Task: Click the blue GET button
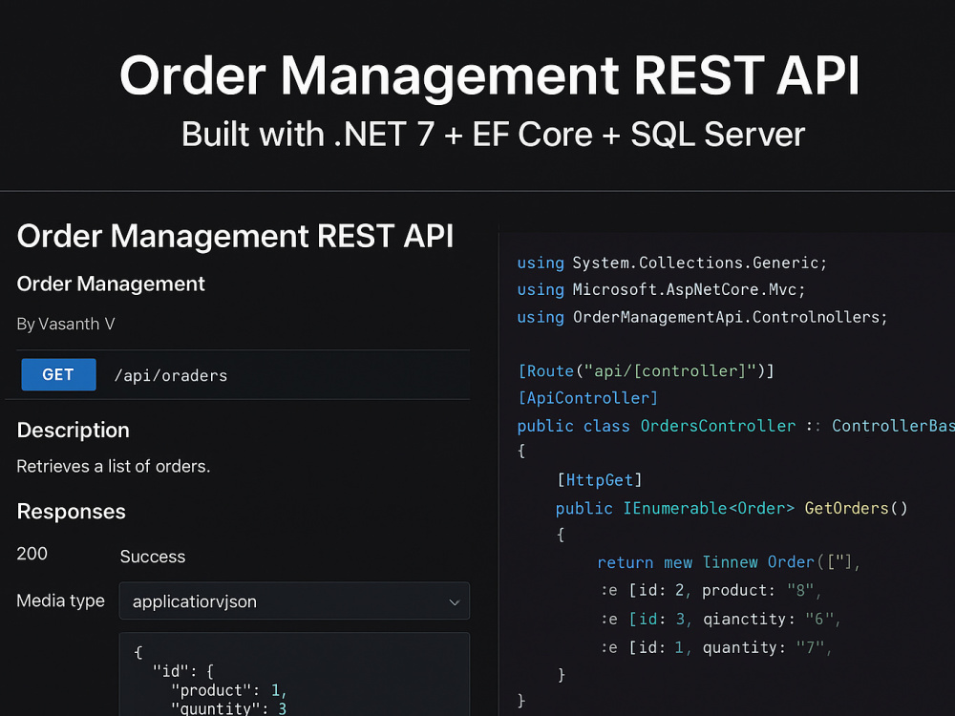(58, 374)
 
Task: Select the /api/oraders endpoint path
(171, 375)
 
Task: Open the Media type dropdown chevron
(454, 602)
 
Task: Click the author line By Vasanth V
(66, 324)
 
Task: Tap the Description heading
(74, 430)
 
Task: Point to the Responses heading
(72, 512)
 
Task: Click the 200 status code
(32, 554)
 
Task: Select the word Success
(152, 557)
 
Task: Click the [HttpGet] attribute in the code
(600, 480)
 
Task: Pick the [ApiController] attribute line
(587, 398)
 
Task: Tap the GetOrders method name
(846, 508)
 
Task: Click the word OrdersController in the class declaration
(717, 426)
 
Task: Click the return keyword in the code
(625, 562)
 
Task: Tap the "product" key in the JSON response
(211, 690)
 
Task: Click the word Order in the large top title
(193, 75)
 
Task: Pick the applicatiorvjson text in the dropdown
(194, 601)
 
